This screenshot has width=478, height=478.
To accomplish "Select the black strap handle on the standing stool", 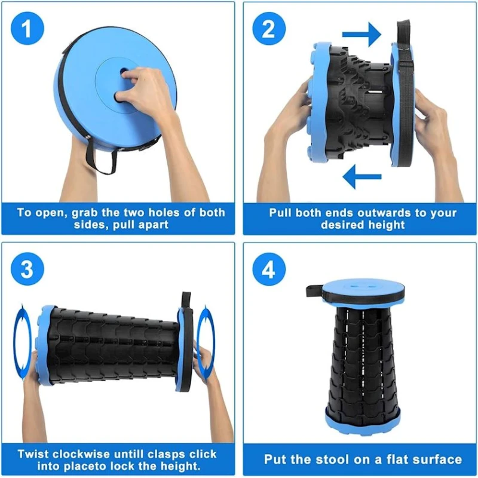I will (x=315, y=292).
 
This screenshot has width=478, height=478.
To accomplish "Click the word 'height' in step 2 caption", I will (x=386, y=225).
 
